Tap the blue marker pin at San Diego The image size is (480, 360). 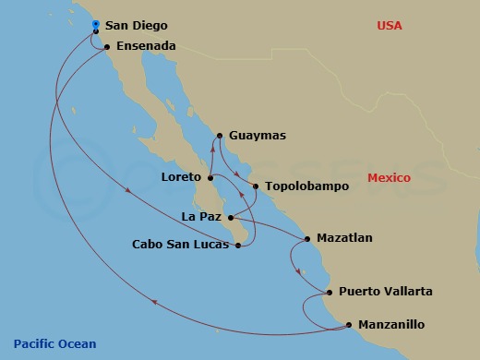click(x=96, y=25)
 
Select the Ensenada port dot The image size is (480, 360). click(x=107, y=47)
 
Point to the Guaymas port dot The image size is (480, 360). click(x=220, y=136)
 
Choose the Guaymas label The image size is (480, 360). click(x=258, y=136)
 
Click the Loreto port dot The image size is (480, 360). click(x=210, y=178)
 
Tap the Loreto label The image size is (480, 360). click(x=182, y=177)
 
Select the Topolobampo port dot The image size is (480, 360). click(x=255, y=186)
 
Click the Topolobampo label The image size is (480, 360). click(x=306, y=186)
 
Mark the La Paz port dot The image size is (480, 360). click(x=231, y=218)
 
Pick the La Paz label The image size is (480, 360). click(x=202, y=218)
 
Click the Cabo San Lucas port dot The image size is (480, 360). click(x=239, y=245)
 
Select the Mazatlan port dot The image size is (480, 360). click(x=306, y=238)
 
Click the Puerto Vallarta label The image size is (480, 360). click(x=385, y=292)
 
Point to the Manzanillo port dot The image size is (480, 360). click(x=349, y=324)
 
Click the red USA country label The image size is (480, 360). click(x=390, y=26)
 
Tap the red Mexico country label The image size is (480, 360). click(x=390, y=176)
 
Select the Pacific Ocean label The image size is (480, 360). click(x=54, y=344)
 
